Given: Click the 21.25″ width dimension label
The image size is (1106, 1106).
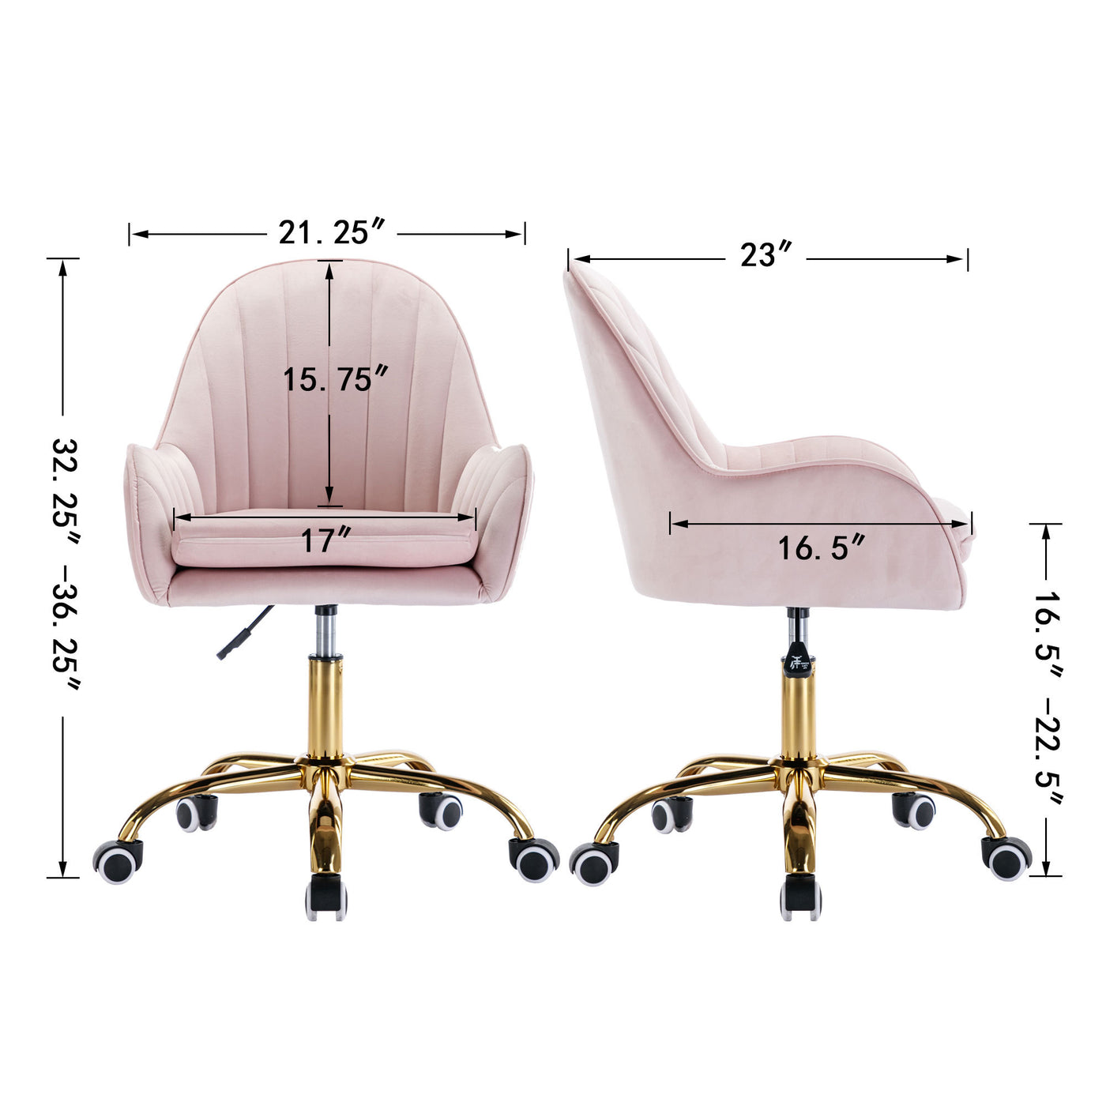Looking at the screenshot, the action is (330, 232).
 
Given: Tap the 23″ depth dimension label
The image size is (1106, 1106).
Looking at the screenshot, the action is (766, 255).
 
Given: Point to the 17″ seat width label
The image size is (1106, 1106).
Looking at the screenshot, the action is (326, 540).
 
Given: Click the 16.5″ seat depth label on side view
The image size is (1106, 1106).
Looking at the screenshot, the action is (821, 548).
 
